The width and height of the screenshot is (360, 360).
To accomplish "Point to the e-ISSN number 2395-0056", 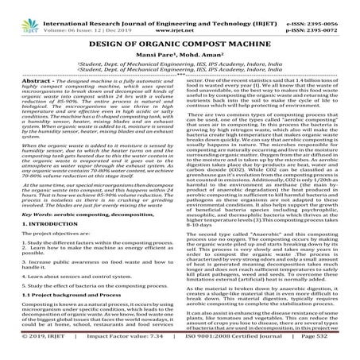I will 334,5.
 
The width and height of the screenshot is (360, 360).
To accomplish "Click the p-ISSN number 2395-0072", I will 334,14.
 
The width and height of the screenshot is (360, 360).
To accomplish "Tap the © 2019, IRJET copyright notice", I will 31,354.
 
